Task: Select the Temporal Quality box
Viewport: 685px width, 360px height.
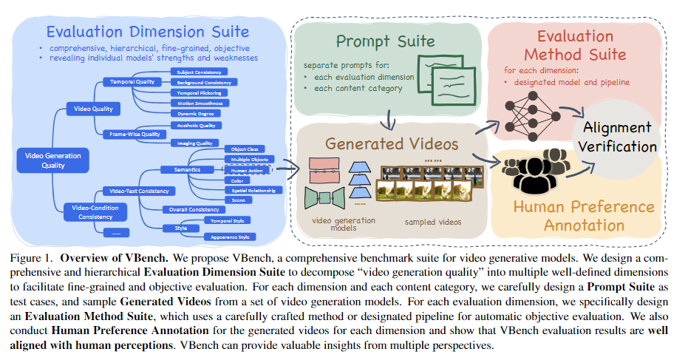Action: [x=133, y=82]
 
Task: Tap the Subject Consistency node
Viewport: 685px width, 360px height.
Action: [x=200, y=72]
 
